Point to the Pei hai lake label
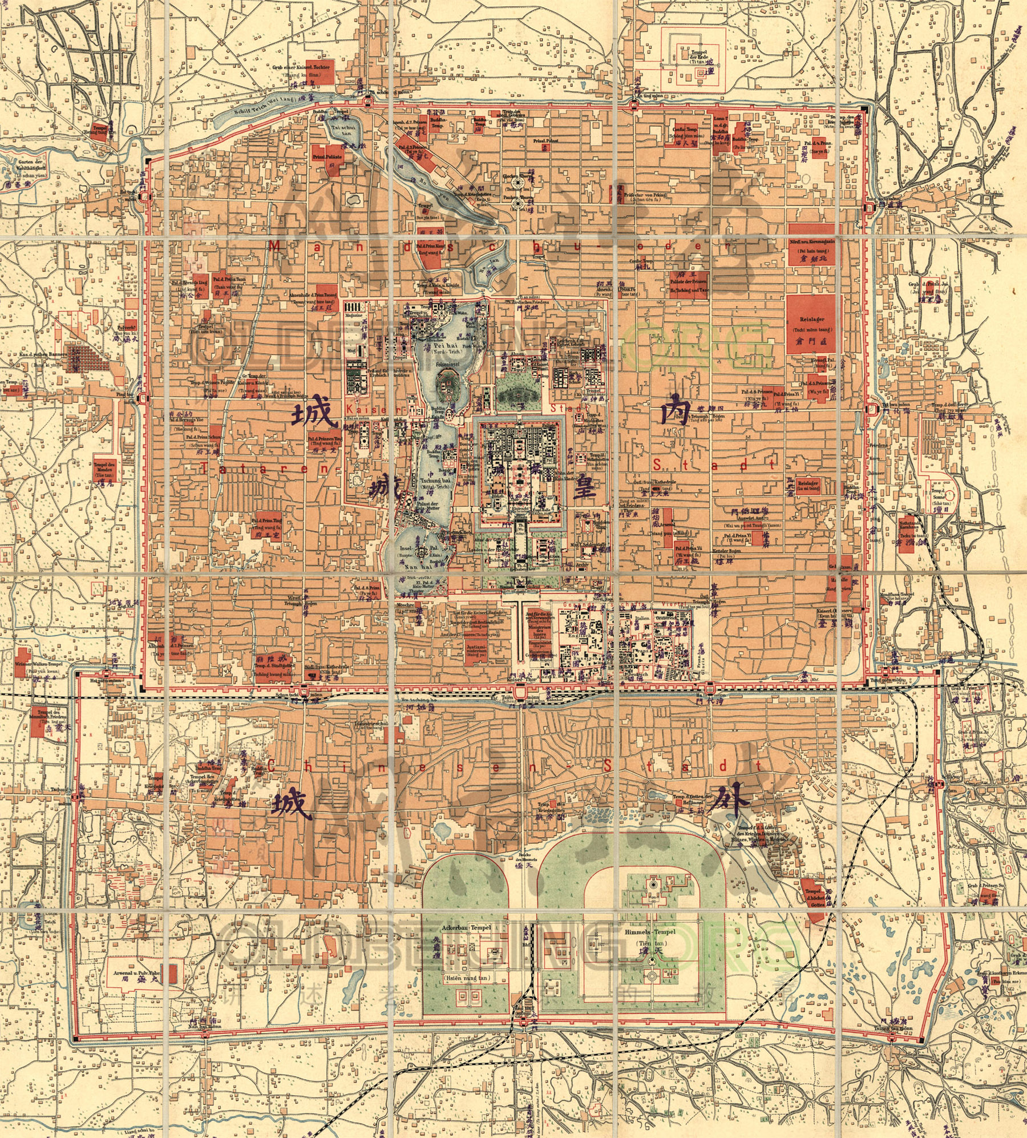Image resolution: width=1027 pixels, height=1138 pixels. pos(442,345)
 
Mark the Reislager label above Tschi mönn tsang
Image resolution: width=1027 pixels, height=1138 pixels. pos(812,320)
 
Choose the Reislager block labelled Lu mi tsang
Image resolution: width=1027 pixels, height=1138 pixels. pos(808,483)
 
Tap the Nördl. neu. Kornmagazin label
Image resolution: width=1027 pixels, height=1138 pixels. pos(812,242)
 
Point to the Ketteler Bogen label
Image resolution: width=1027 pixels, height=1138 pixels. pos(726,551)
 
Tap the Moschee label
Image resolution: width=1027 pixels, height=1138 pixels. pos(405,604)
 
